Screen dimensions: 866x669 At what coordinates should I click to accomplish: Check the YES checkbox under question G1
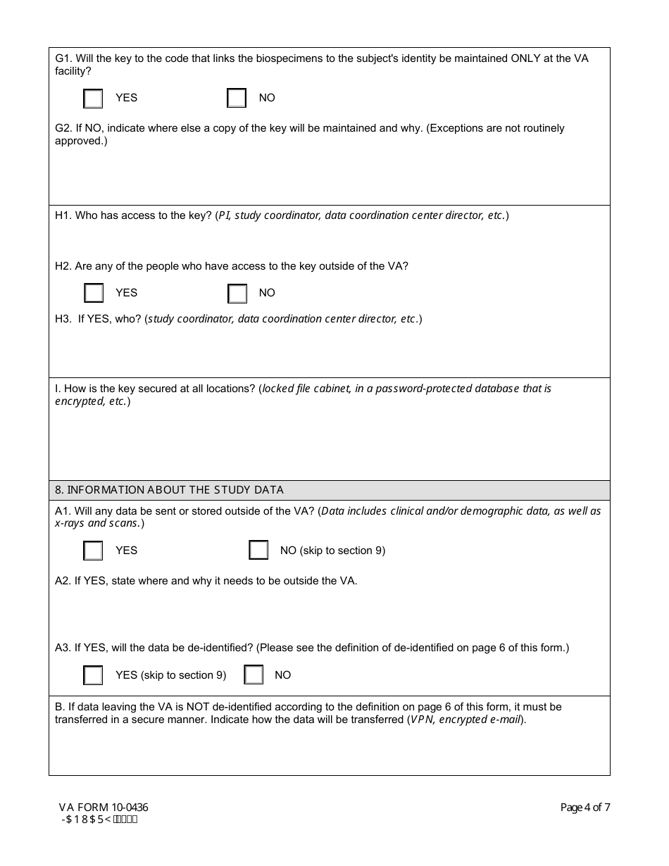[x=93, y=99]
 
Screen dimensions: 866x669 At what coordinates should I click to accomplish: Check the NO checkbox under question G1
[x=237, y=99]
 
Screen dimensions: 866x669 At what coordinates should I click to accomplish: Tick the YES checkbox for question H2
[x=94, y=293]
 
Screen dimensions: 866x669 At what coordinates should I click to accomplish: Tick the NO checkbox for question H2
[x=237, y=293]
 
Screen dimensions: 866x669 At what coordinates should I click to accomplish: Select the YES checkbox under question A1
[x=93, y=551]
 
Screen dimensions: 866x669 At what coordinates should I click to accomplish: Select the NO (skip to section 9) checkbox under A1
[x=258, y=551]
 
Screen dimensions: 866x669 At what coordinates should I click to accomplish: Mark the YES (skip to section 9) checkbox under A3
[x=93, y=675]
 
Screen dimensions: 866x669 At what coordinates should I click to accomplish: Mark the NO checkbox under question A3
[x=254, y=675]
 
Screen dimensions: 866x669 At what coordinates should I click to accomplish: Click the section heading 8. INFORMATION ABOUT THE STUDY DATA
[x=169, y=490]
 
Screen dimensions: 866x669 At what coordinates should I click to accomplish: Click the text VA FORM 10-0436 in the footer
[x=104, y=808]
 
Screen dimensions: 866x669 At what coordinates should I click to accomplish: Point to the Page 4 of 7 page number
[x=584, y=808]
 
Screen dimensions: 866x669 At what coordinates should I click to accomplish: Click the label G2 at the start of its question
[x=63, y=128]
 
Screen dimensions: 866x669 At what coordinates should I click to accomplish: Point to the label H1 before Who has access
[x=63, y=215]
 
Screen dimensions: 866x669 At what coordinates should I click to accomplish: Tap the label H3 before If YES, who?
[x=63, y=319]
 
